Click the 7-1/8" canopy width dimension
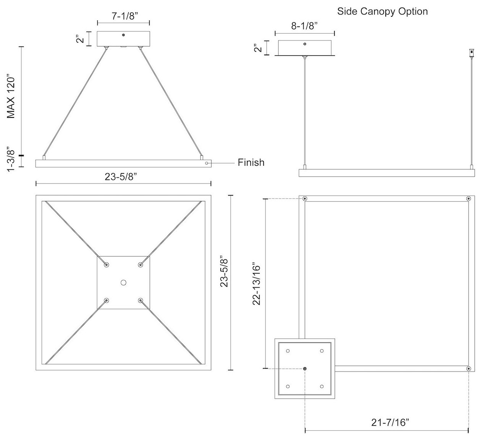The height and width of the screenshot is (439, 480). click(x=123, y=16)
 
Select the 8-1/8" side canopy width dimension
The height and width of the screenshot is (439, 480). click(x=304, y=26)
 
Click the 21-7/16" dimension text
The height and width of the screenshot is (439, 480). click(x=386, y=422)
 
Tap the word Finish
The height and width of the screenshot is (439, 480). click(x=251, y=162)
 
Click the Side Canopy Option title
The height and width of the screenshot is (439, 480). click(x=382, y=11)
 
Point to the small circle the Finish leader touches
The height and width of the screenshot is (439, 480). click(x=207, y=163)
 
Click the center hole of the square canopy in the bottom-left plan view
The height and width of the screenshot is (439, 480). click(x=123, y=283)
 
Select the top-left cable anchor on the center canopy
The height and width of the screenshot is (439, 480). click(x=106, y=265)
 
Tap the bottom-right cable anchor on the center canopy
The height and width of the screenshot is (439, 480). click(x=141, y=301)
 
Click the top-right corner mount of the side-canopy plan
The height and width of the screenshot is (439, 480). click(x=469, y=199)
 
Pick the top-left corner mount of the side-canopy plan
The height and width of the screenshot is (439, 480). click(x=305, y=199)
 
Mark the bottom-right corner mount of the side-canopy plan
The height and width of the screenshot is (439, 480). click(x=469, y=368)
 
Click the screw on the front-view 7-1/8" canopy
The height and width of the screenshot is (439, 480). click(x=123, y=35)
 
